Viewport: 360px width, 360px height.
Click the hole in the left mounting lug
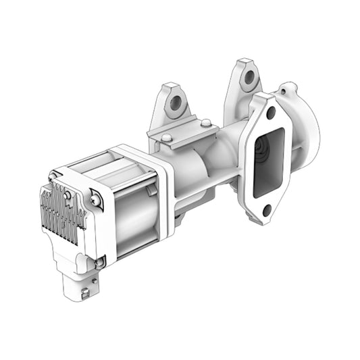click(178, 103)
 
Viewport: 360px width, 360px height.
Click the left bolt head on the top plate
click(165, 138)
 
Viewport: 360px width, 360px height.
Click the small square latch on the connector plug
click(84, 294)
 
